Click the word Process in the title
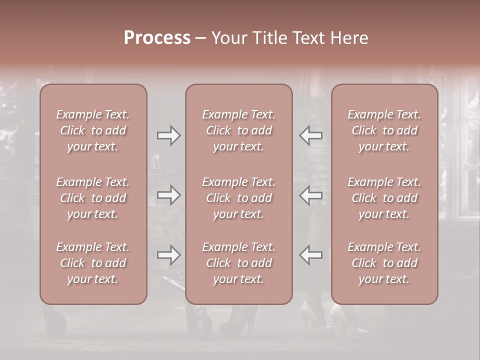pyautogui.click(x=157, y=38)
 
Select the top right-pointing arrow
pyautogui.click(x=169, y=135)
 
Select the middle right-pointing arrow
pyautogui.click(x=169, y=195)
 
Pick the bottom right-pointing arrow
pyautogui.click(x=169, y=255)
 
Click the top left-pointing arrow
pyautogui.click(x=311, y=135)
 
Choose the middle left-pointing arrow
pyautogui.click(x=311, y=195)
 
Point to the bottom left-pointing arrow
pyautogui.click(x=311, y=255)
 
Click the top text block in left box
pyautogui.click(x=93, y=130)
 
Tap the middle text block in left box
pyautogui.click(x=93, y=198)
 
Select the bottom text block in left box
pyautogui.click(x=93, y=263)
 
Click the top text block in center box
pyautogui.click(x=238, y=130)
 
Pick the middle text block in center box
pyautogui.click(x=238, y=198)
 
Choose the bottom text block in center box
pyautogui.click(x=238, y=263)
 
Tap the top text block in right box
pyautogui.click(x=384, y=130)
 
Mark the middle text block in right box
pyautogui.click(x=384, y=198)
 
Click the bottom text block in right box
pyautogui.click(x=384, y=263)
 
